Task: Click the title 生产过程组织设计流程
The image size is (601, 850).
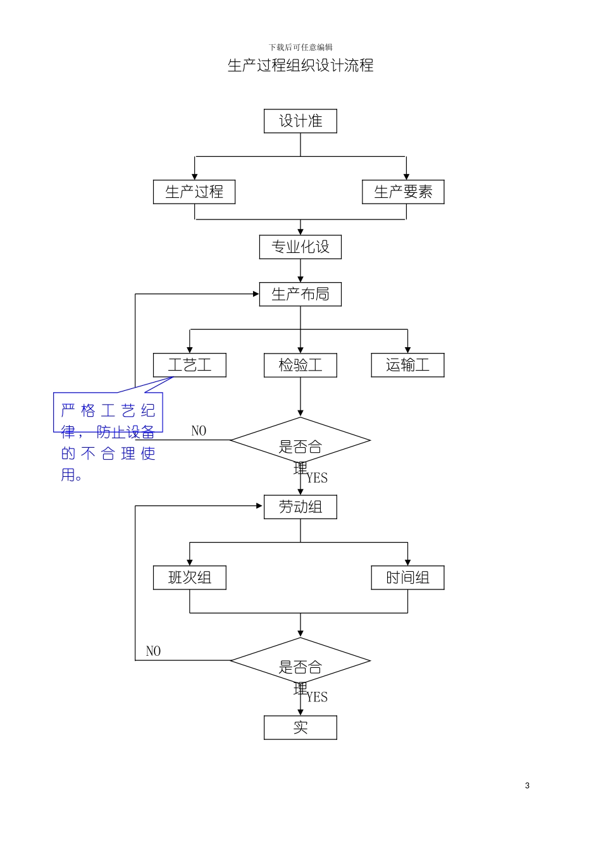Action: click(300, 65)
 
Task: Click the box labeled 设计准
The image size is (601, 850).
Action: click(300, 121)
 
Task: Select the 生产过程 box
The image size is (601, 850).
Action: click(194, 192)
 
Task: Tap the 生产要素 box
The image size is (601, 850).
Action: click(403, 192)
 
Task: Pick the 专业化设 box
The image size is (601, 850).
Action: click(300, 247)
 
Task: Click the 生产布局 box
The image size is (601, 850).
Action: click(300, 294)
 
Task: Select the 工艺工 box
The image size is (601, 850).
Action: click(189, 365)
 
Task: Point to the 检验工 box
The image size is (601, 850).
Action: click(300, 365)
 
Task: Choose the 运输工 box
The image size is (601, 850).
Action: click(407, 365)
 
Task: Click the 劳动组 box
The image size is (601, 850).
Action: click(300, 507)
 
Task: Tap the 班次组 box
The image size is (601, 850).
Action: click(189, 577)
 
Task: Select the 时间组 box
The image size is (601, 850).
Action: click(407, 577)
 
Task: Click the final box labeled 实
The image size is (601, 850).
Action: click(300, 727)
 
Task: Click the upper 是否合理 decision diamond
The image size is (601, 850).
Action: click(300, 441)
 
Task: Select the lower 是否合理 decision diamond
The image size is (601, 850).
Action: click(300, 661)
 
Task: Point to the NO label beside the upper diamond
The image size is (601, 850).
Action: click(199, 431)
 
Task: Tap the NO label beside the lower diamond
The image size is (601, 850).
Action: click(153, 651)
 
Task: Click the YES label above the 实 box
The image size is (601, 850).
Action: click(317, 697)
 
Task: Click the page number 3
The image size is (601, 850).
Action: click(527, 785)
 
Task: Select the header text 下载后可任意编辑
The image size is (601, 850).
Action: click(300, 47)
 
